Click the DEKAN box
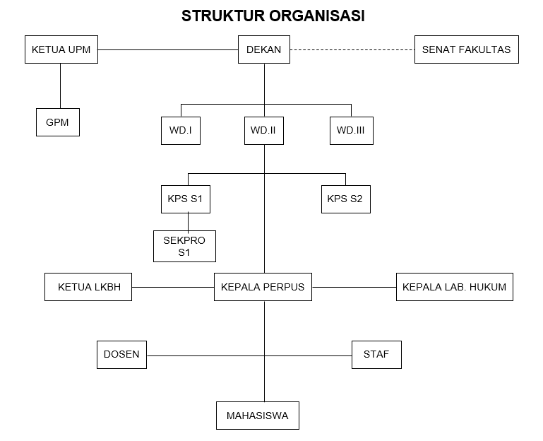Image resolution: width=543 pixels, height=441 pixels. (x=264, y=49)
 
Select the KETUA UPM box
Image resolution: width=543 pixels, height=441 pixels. (x=61, y=49)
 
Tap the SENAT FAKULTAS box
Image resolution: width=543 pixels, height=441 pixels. (x=466, y=49)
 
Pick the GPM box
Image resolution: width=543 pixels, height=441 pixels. (x=57, y=122)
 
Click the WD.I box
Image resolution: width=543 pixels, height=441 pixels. (x=181, y=131)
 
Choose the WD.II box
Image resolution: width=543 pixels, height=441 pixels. (x=264, y=131)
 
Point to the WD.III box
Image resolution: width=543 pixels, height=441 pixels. (x=351, y=131)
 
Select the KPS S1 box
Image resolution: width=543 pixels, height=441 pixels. (x=185, y=199)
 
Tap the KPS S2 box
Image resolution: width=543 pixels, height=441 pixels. (x=345, y=199)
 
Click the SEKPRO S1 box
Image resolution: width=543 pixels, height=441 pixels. (x=184, y=246)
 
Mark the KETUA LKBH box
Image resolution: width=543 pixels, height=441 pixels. (x=88, y=287)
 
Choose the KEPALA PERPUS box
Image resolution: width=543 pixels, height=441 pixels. (x=263, y=287)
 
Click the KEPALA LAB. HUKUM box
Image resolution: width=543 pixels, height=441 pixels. (x=454, y=287)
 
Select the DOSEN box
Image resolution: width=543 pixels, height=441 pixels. (x=121, y=354)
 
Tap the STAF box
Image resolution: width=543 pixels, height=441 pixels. (x=376, y=354)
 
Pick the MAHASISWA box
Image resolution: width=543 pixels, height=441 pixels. (x=257, y=416)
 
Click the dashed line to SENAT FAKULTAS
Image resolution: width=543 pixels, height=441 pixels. (x=352, y=49)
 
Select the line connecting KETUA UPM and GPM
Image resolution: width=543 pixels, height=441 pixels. (x=60, y=86)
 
